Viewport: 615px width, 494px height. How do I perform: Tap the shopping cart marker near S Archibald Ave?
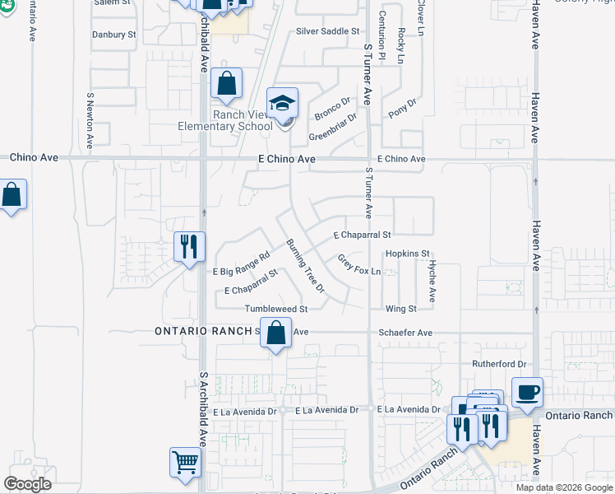[x=186, y=463]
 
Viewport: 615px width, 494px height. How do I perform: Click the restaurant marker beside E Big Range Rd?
[x=189, y=246]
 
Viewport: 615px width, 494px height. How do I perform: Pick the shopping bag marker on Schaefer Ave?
[x=276, y=333]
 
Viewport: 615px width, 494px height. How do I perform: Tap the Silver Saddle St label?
[x=328, y=31]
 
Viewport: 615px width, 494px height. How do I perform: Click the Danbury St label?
[x=114, y=35]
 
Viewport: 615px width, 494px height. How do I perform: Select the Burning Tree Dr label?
[x=306, y=267]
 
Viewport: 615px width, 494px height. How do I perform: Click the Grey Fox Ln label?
[x=360, y=265]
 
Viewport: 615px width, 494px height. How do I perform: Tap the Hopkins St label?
[x=408, y=254]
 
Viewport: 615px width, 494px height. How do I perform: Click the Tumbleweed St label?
[x=275, y=309]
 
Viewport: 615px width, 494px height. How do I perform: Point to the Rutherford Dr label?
[x=498, y=364]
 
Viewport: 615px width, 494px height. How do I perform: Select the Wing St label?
[x=401, y=309]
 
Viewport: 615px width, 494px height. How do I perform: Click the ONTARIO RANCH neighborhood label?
[x=202, y=331]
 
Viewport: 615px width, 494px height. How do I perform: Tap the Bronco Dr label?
[x=333, y=109]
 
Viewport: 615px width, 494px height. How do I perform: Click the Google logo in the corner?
[x=28, y=483]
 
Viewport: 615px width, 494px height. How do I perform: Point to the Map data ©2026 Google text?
[x=563, y=487]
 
